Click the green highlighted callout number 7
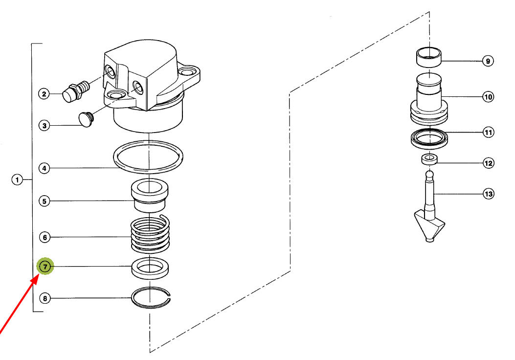[45, 267]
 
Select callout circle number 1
[17, 180]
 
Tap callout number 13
[489, 194]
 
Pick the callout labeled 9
[488, 61]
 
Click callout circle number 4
[45, 168]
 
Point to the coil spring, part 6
[151, 235]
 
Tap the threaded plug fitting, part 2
[76, 91]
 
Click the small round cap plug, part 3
[87, 119]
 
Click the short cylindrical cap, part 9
[429, 57]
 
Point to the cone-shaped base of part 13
[429, 226]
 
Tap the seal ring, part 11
[429, 138]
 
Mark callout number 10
[489, 97]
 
